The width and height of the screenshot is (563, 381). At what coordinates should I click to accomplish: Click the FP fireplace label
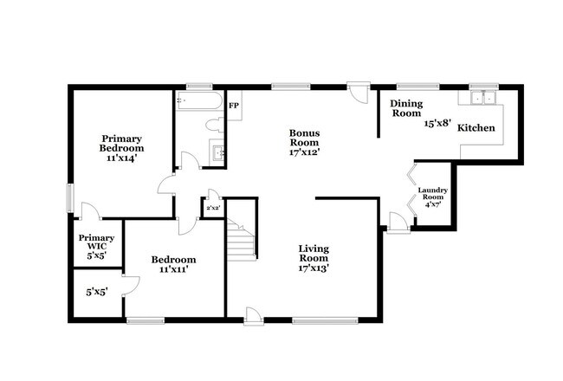click(x=234, y=106)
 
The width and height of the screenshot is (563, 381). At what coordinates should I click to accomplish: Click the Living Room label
click(x=313, y=253)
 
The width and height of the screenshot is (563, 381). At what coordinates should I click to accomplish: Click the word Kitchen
click(x=476, y=127)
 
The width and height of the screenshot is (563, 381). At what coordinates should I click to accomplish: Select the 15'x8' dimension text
click(x=437, y=124)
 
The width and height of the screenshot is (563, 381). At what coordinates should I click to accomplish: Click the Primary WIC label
click(x=96, y=242)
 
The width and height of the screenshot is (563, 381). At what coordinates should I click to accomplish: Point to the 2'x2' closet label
click(x=213, y=208)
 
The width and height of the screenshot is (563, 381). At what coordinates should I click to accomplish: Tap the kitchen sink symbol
click(x=481, y=97)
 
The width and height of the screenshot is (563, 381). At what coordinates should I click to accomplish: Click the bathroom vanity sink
click(x=217, y=154)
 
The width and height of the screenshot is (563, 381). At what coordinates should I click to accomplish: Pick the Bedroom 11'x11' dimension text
click(x=173, y=269)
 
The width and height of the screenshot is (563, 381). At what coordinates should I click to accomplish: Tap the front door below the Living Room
click(x=253, y=315)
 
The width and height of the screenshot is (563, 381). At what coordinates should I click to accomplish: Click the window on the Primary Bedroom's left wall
click(x=71, y=197)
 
